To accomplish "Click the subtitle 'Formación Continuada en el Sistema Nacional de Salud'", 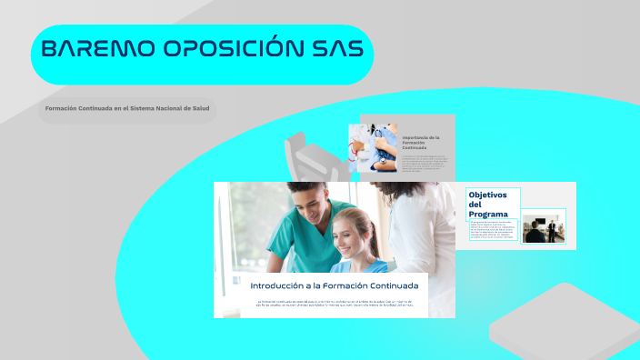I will (127, 109).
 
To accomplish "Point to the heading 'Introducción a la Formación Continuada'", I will (334, 285).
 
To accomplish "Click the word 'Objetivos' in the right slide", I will (487, 195).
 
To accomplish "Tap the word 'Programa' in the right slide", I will (489, 214).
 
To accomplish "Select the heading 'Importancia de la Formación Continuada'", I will (422, 142).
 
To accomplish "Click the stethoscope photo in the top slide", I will (373, 147).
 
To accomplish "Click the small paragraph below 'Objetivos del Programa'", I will (492, 229).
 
